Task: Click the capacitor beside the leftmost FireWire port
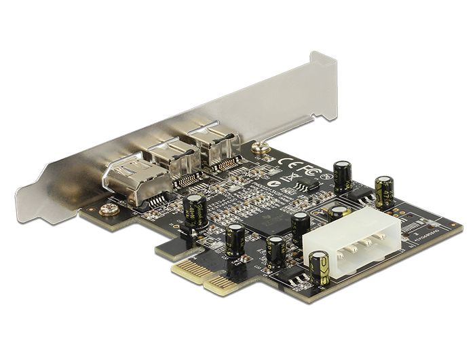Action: tap(197, 211)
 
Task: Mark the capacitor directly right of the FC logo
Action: tap(343, 176)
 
